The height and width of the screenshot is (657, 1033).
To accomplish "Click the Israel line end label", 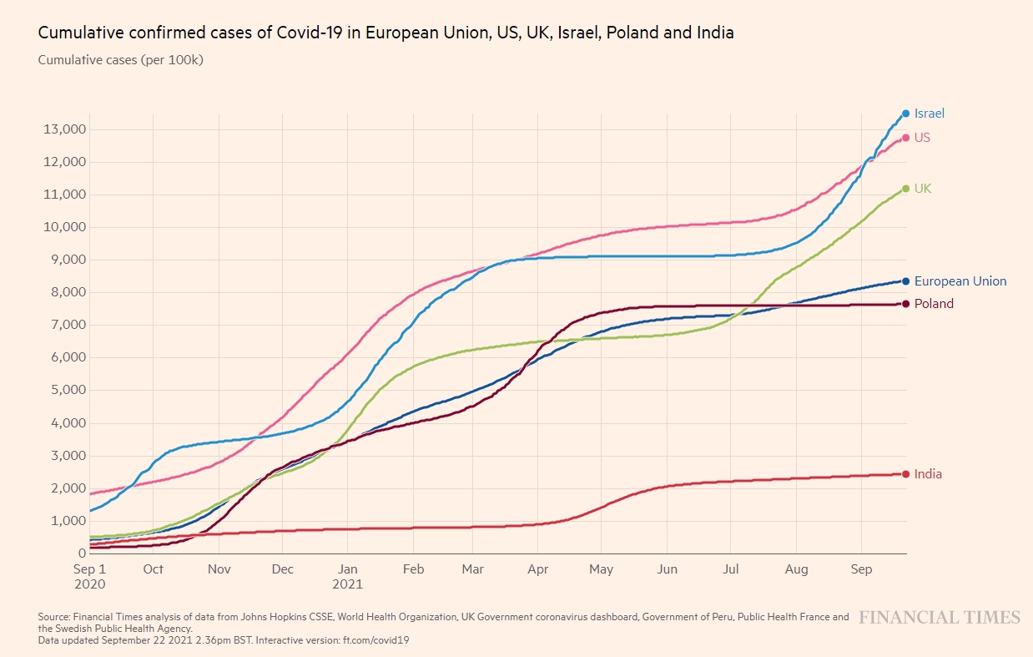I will pos(929,114).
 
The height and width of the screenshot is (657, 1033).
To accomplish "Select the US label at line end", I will pos(922,138).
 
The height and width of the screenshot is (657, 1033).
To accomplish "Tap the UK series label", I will pos(922,189).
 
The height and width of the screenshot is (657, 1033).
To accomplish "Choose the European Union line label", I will pos(960,281).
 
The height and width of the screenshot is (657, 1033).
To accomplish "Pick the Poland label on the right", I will pos(934,304).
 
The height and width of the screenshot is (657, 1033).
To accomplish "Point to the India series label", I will pos(928,474).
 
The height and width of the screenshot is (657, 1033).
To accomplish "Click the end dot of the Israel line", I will pos(905,114).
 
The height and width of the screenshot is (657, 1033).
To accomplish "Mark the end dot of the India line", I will pos(905,474).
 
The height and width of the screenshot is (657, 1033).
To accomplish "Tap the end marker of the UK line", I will pos(905,189).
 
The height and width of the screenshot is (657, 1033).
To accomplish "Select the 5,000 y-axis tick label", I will pos(64,390).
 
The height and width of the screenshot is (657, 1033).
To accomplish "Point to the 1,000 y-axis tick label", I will pos(64,521).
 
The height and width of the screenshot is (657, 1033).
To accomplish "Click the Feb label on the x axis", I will pos(413,569).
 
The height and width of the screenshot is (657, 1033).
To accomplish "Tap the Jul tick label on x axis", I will pos(730,569).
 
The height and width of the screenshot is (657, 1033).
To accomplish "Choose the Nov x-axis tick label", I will pos(219,569).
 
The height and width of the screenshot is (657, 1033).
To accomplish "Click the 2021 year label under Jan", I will pos(347,584).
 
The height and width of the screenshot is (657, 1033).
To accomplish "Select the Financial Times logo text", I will pos(940,618).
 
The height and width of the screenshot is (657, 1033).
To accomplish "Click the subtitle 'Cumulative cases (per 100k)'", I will pos(121,60).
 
